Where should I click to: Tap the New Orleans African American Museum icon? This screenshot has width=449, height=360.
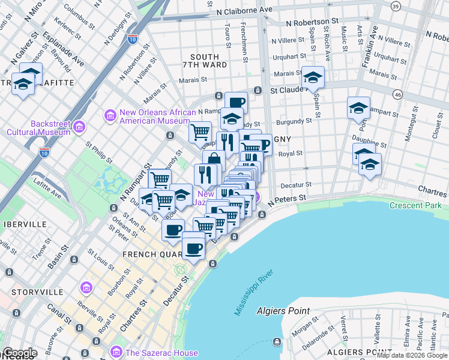coord(109,115)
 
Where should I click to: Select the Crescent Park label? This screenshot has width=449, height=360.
coord(415,205)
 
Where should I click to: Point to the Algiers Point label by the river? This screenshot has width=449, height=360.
coord(283,311)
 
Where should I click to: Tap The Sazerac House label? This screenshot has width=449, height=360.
coord(154,352)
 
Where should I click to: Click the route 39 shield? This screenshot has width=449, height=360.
coord(395,5)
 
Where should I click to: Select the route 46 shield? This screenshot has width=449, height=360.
coord(397,94)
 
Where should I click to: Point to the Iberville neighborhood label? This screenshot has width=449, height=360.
coord(25,224)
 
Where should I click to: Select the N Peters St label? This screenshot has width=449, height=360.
coord(287,198)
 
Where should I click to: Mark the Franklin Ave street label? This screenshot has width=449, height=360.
coord(366,40)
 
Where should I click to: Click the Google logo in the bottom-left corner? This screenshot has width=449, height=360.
coord(19,353)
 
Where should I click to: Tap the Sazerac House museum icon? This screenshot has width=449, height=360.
coord(117,352)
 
